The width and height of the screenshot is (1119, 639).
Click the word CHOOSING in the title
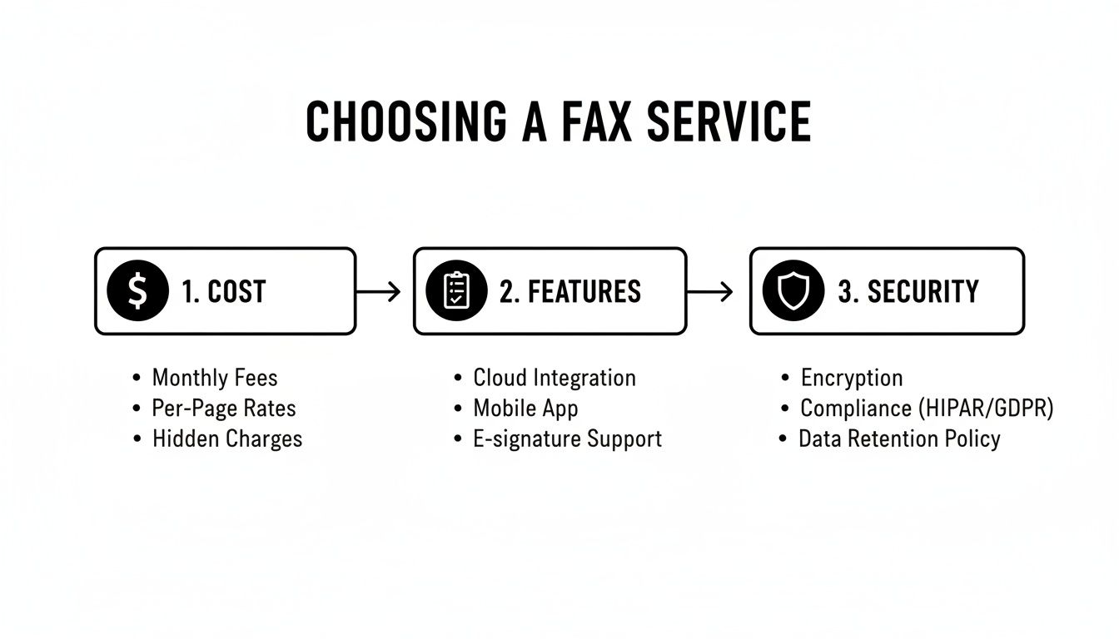click(405, 121)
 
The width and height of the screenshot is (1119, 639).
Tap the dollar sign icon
click(137, 291)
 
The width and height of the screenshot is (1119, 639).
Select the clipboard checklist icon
click(455, 291)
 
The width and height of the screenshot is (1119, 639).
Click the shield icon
click(793, 291)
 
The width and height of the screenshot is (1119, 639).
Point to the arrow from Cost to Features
click(378, 291)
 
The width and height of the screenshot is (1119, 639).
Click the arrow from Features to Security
click(709, 291)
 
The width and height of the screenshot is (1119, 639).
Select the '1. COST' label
click(223, 292)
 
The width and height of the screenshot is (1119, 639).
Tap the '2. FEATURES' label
click(570, 292)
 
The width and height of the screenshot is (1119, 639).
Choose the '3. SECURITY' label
click(908, 292)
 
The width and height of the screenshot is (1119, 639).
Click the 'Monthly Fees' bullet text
click(215, 379)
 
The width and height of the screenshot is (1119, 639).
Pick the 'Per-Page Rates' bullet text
click(224, 409)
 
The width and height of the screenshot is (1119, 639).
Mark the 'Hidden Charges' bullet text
click(227, 439)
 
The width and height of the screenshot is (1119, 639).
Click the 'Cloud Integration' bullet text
click(555, 378)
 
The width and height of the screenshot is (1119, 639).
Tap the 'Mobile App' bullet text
click(525, 409)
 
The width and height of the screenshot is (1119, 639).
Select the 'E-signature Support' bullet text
click(568, 439)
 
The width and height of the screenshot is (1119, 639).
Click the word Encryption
click(852, 379)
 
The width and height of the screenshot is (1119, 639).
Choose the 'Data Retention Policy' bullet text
click(899, 439)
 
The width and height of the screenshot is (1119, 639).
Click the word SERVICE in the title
click(729, 121)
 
